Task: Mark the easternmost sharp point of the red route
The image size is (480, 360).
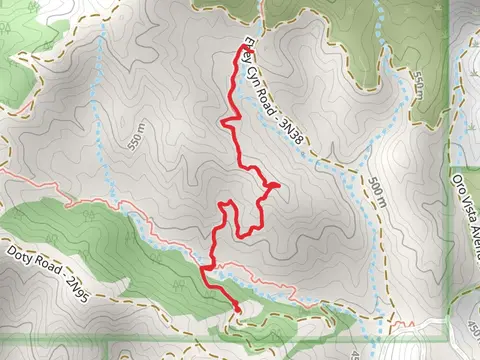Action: pos(277,185)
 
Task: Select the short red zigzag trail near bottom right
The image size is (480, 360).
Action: pos(404,325)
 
